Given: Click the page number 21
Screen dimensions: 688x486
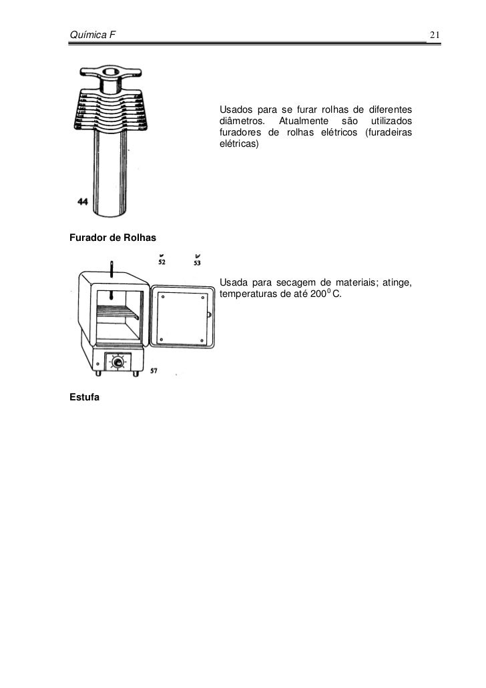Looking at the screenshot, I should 434,35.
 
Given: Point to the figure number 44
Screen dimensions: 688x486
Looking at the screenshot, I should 83,203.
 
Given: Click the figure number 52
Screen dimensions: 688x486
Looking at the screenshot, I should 162,262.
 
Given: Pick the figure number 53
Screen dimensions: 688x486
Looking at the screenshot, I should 197,262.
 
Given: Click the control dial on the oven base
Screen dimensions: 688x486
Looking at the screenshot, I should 119,362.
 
